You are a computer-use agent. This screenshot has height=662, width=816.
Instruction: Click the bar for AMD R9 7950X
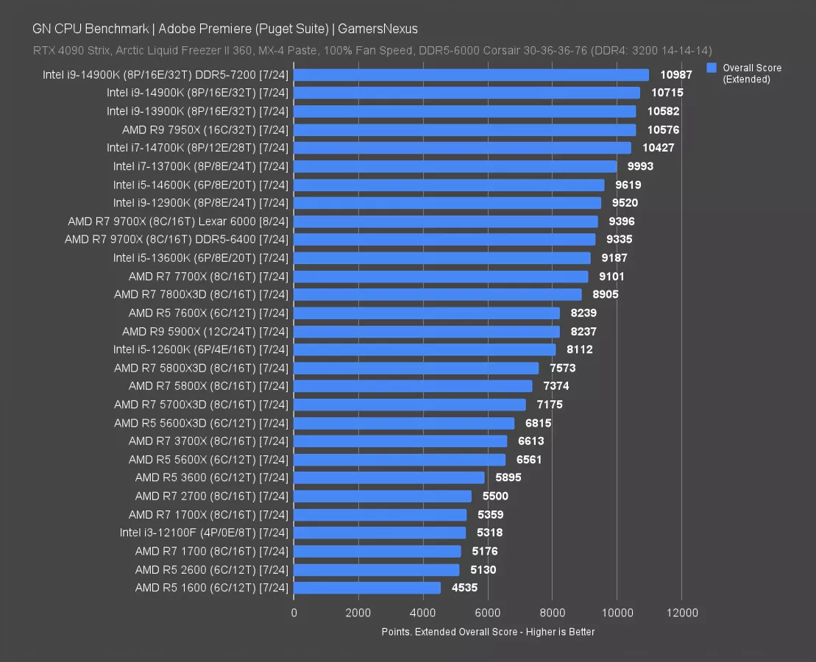465,129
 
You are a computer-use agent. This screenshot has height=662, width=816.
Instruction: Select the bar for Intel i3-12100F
380,533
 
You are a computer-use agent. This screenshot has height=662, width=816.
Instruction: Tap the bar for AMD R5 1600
367,588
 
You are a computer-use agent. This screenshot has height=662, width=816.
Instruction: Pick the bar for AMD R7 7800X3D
438,294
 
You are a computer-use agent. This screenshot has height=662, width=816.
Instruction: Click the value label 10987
675,74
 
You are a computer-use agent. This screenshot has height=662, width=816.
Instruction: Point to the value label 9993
639,166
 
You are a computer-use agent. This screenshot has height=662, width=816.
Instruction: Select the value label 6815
537,423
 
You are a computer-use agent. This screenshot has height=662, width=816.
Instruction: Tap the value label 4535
463,588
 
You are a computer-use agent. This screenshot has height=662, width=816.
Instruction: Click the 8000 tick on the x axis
552,613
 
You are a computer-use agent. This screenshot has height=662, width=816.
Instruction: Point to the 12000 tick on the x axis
681,613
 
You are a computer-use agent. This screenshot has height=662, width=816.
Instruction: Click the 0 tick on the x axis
294,613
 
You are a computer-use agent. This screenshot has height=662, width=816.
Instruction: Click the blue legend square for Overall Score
712,68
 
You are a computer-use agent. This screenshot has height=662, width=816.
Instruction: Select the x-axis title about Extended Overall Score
488,632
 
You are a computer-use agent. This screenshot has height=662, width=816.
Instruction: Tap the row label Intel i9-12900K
201,202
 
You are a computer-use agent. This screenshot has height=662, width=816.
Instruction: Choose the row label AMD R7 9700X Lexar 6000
178,221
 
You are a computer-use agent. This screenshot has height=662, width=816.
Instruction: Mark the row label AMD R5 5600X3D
201,423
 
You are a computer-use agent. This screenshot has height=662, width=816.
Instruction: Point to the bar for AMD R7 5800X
413,386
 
